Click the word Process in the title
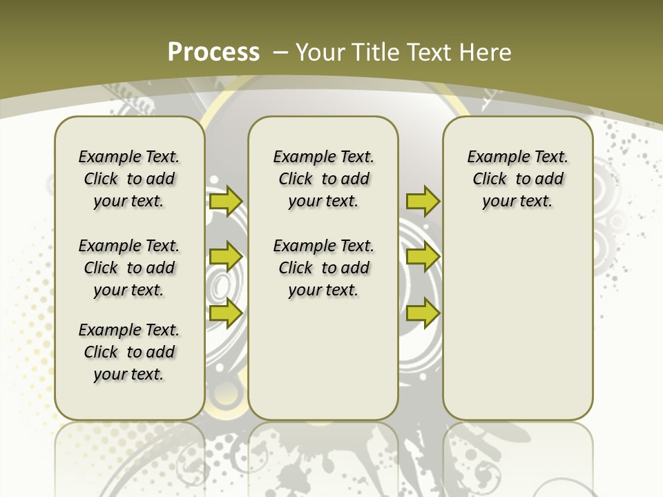pyautogui.click(x=213, y=52)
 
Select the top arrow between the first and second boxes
pyautogui.click(x=225, y=202)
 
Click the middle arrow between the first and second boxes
pyautogui.click(x=225, y=257)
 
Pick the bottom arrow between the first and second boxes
pyautogui.click(x=225, y=313)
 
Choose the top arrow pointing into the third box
pyautogui.click(x=423, y=202)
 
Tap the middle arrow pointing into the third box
pyautogui.click(x=423, y=257)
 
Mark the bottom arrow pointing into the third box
pyautogui.click(x=423, y=313)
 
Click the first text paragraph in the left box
pyautogui.click(x=129, y=179)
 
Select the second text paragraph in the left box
pyautogui.click(x=129, y=268)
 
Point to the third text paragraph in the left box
pyautogui.click(x=129, y=352)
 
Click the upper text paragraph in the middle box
pyautogui.click(x=323, y=179)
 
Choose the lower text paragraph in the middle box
pyautogui.click(x=323, y=268)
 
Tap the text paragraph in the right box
pyautogui.click(x=517, y=179)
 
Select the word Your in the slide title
pyautogui.click(x=318, y=52)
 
